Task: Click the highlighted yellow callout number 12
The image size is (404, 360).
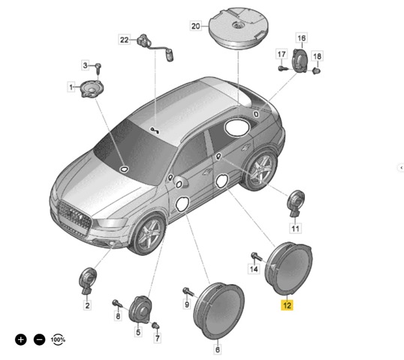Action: (x=287, y=305)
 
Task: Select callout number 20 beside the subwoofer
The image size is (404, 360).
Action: (x=195, y=26)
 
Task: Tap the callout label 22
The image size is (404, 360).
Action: (x=124, y=40)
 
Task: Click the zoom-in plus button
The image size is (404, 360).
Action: (x=21, y=340)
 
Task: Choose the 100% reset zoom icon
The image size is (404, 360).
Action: (x=58, y=340)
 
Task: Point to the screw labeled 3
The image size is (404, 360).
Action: (x=98, y=69)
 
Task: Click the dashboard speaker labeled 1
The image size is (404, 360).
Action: (x=92, y=88)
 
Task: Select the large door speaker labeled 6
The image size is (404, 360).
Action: (x=219, y=310)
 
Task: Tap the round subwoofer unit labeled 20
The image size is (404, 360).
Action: (x=238, y=28)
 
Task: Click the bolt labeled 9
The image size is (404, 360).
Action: (x=188, y=292)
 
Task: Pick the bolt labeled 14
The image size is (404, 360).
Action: (x=257, y=256)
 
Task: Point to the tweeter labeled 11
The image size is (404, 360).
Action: (x=296, y=203)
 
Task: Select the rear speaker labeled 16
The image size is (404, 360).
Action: (x=300, y=61)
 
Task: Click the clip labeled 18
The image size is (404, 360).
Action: (x=316, y=70)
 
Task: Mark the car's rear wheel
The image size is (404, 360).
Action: (x=261, y=169)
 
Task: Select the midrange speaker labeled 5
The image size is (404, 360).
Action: (x=140, y=310)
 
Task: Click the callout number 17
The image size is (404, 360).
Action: (x=282, y=54)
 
